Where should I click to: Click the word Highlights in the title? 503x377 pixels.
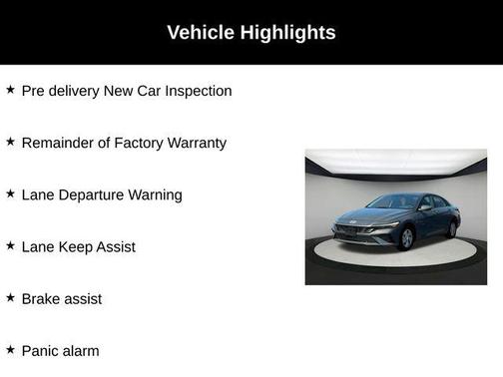tap(287, 32)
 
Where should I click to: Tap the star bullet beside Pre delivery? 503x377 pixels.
tap(10, 90)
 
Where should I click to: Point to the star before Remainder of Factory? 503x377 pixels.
tap(10, 142)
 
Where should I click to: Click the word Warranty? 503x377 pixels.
tap(196, 143)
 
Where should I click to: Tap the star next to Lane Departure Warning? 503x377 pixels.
tap(10, 193)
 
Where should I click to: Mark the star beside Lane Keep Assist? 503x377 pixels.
tap(10, 245)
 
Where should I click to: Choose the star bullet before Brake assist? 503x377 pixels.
tap(10, 297)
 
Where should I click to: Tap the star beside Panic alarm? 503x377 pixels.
tap(10, 349)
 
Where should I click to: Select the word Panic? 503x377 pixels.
tap(42, 350)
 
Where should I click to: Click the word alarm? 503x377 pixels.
tap(83, 350)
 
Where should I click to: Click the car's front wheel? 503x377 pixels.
tap(406, 239)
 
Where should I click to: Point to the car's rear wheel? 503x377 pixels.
tap(451, 229)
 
